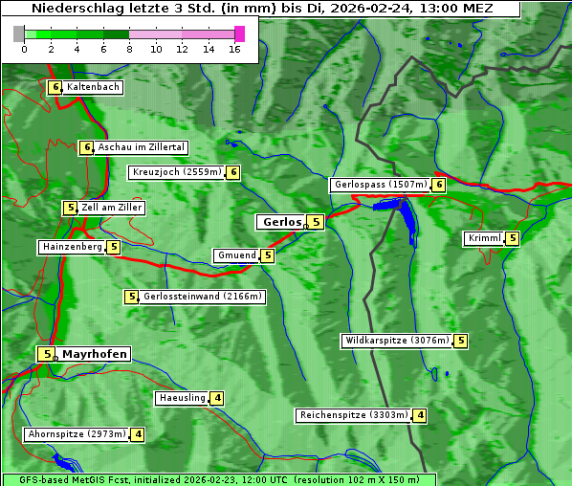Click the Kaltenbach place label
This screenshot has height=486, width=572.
click(x=93, y=87)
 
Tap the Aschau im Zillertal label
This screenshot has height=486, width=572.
click(x=141, y=147)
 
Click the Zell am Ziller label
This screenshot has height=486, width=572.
click(x=111, y=208)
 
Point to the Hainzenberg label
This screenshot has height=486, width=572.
click(x=72, y=247)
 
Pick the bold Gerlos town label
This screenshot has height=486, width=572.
click(x=280, y=222)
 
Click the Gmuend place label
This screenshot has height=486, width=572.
click(x=236, y=255)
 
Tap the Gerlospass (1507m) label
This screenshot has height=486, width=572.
click(x=380, y=185)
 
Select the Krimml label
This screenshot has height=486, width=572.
click(x=485, y=238)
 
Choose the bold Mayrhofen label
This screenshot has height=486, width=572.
click(x=94, y=354)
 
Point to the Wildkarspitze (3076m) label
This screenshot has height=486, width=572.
click(x=396, y=341)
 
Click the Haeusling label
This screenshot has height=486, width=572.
click(x=181, y=398)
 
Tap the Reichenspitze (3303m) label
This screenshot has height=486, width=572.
click(x=353, y=415)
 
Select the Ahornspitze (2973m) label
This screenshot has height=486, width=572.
click(x=77, y=434)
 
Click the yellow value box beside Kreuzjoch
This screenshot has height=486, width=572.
click(x=232, y=172)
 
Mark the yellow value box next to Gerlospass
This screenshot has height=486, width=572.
click(x=439, y=185)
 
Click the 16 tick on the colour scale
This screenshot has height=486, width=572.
click(x=235, y=48)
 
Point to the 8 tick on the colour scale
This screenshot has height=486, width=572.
click(x=129, y=48)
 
